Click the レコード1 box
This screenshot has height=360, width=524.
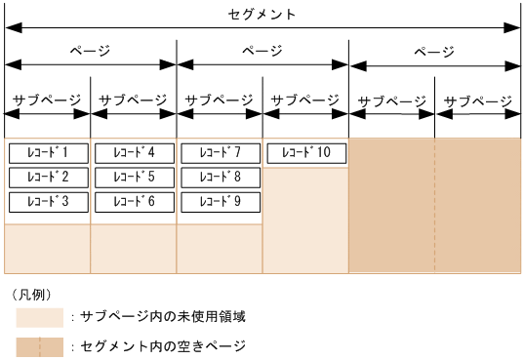tap(48, 153)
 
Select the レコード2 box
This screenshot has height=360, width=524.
tap(48, 178)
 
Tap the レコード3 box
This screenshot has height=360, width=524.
tap(48, 202)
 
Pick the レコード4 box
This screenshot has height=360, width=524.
tap(134, 153)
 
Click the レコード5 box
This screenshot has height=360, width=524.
tap(134, 178)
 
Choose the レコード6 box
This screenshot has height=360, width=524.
tap(134, 202)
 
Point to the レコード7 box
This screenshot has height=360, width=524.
tap(220, 153)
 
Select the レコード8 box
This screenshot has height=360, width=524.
tap(220, 178)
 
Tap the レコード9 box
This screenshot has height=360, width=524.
tap(220, 202)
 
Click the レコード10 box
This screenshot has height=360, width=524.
tap(305, 153)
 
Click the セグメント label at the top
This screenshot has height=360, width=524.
tap(262, 15)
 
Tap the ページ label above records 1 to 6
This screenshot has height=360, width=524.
tap(91, 50)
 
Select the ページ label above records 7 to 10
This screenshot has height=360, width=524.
tap(262, 50)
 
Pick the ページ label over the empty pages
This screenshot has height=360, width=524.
tap(434, 50)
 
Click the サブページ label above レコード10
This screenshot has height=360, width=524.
tap(305, 100)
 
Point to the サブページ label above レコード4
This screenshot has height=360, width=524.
tap(134, 100)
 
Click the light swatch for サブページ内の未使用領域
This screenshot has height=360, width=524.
tap(40, 317)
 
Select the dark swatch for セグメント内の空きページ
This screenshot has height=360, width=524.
tap(40, 346)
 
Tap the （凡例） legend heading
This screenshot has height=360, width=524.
tap(31, 294)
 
